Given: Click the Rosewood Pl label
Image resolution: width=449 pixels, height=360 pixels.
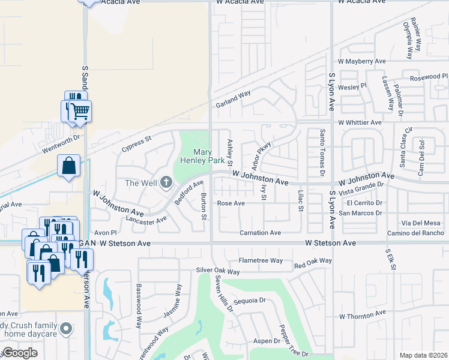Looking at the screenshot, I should [429, 77].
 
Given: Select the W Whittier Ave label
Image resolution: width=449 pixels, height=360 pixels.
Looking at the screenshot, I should [360, 122].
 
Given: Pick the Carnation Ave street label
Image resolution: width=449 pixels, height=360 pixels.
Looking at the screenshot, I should [260, 233].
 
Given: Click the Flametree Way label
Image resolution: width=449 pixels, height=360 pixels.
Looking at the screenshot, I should [261, 260].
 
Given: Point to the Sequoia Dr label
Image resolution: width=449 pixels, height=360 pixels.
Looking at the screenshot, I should [249, 301].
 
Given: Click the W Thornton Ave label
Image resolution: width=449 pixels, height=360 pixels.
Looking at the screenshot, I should [363, 314].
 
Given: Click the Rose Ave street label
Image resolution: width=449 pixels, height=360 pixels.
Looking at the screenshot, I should [231, 203].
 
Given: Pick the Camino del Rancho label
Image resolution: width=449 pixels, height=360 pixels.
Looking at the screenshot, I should [415, 233].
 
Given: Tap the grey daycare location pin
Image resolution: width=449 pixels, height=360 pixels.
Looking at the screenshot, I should [67, 329].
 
